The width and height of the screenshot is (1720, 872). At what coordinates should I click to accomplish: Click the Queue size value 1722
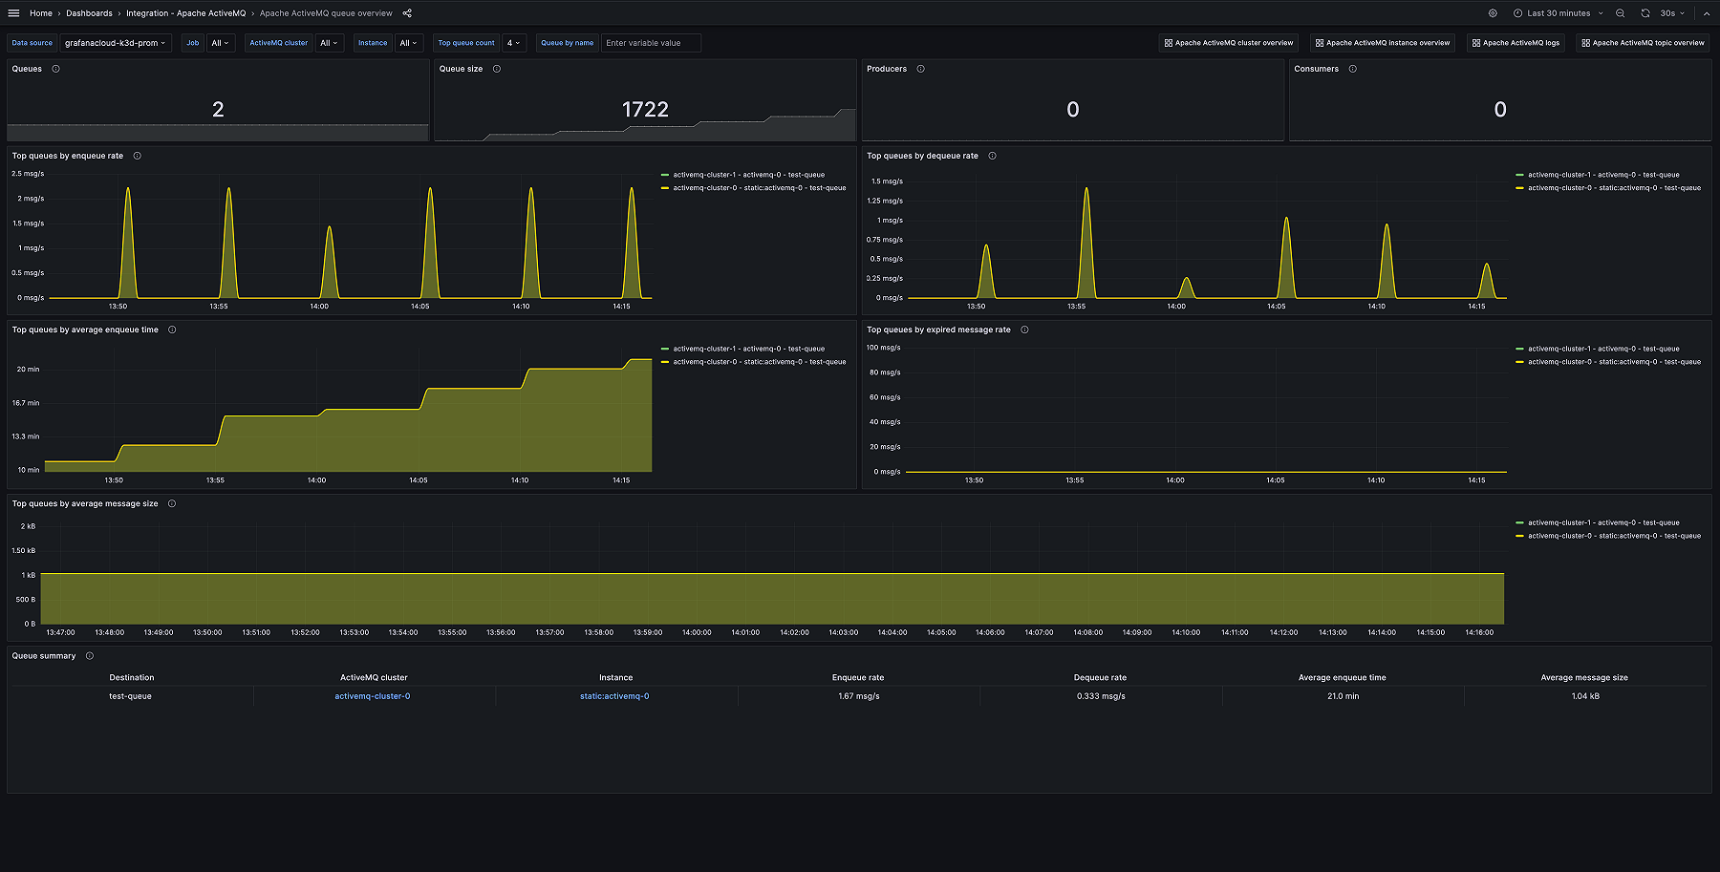[x=645, y=110]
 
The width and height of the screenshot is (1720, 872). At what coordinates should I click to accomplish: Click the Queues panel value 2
[x=218, y=110]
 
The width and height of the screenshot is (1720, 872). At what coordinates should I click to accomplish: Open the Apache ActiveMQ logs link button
[x=1516, y=43]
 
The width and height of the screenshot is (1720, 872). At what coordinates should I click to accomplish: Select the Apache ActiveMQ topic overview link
[x=1643, y=43]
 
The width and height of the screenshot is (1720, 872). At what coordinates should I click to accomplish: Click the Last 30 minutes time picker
[x=1558, y=13]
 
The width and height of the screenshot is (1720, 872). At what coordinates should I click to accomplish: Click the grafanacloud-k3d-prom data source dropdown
[x=115, y=43]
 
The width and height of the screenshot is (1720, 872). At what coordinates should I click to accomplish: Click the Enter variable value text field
[x=650, y=43]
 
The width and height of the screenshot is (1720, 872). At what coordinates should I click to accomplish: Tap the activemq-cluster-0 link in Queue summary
[x=372, y=696]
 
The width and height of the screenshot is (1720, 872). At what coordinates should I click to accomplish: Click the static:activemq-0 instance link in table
[x=614, y=696]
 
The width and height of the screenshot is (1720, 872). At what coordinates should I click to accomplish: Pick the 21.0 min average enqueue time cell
[x=1343, y=696]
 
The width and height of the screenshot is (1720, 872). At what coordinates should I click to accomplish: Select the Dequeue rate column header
[x=1100, y=677]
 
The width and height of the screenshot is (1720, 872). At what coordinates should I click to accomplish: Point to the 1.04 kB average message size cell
[x=1584, y=696]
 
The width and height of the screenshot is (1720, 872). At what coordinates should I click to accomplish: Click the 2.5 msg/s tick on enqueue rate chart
[x=28, y=174]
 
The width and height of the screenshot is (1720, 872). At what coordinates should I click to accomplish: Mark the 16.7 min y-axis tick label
[x=26, y=403]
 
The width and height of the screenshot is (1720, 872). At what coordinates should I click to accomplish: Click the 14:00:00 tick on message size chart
[x=697, y=632]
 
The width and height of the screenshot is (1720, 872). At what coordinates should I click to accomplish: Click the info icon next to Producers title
[x=920, y=69]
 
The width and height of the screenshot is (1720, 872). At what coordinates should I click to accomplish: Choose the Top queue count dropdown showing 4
[x=513, y=43]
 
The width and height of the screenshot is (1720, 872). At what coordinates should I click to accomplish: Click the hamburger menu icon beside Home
[x=13, y=13]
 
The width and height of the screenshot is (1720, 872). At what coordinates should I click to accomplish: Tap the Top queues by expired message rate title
[x=937, y=330]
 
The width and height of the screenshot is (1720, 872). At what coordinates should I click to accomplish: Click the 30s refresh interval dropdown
[x=1671, y=13]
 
